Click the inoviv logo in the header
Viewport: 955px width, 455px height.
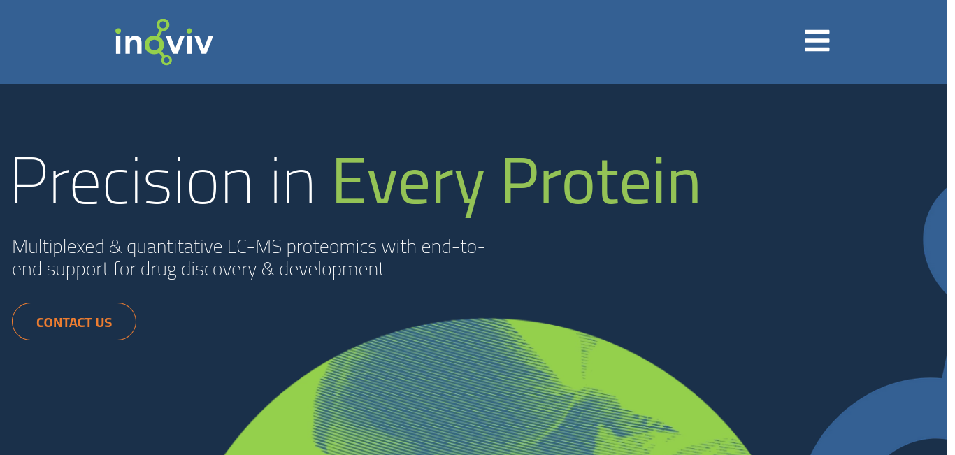(x=164, y=42)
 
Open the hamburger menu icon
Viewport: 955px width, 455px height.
(x=817, y=41)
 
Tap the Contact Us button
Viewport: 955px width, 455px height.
(x=74, y=322)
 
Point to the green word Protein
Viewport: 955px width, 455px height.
(x=601, y=182)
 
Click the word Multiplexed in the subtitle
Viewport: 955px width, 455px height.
(x=59, y=247)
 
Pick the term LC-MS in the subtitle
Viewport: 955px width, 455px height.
(x=254, y=247)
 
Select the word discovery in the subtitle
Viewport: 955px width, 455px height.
(x=219, y=270)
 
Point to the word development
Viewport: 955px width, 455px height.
(x=332, y=270)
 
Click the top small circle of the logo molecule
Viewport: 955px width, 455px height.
(x=163, y=24)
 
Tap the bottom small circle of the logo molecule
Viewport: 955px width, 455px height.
(x=166, y=59)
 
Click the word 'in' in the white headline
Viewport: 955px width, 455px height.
(x=292, y=182)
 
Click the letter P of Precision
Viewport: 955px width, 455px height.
(x=29, y=180)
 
